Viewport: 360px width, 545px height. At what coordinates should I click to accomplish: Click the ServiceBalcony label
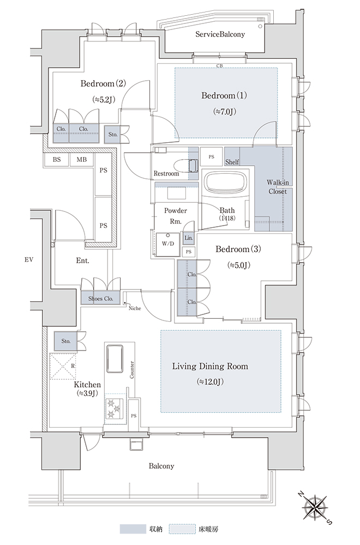(220, 34)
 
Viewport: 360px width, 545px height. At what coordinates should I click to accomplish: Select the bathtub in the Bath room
(226, 181)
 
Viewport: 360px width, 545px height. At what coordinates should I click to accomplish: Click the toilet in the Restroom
(185, 166)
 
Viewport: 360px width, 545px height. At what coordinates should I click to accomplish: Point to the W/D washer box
(168, 244)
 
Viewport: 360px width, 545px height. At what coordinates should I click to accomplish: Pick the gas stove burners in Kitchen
(115, 408)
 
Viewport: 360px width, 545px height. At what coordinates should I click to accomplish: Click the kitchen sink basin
(115, 358)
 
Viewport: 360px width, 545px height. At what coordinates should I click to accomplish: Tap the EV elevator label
(29, 259)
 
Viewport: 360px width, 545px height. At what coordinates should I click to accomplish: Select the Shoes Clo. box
(100, 298)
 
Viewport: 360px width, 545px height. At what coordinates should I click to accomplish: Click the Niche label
(135, 308)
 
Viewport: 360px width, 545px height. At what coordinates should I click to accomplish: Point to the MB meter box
(81, 160)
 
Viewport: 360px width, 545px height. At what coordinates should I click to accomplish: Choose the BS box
(57, 160)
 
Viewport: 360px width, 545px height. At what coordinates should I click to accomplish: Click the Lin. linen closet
(189, 238)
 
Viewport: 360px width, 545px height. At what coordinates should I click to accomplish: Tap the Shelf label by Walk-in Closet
(232, 162)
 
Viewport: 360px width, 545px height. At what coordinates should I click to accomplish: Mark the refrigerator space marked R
(63, 366)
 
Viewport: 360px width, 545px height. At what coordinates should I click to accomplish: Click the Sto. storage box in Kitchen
(66, 341)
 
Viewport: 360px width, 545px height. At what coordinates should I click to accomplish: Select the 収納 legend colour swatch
(133, 529)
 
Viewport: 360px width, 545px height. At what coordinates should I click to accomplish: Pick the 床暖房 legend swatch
(182, 529)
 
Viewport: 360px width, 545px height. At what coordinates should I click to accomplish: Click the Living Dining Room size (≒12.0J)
(210, 381)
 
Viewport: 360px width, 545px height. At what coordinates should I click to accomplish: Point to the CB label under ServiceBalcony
(219, 66)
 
